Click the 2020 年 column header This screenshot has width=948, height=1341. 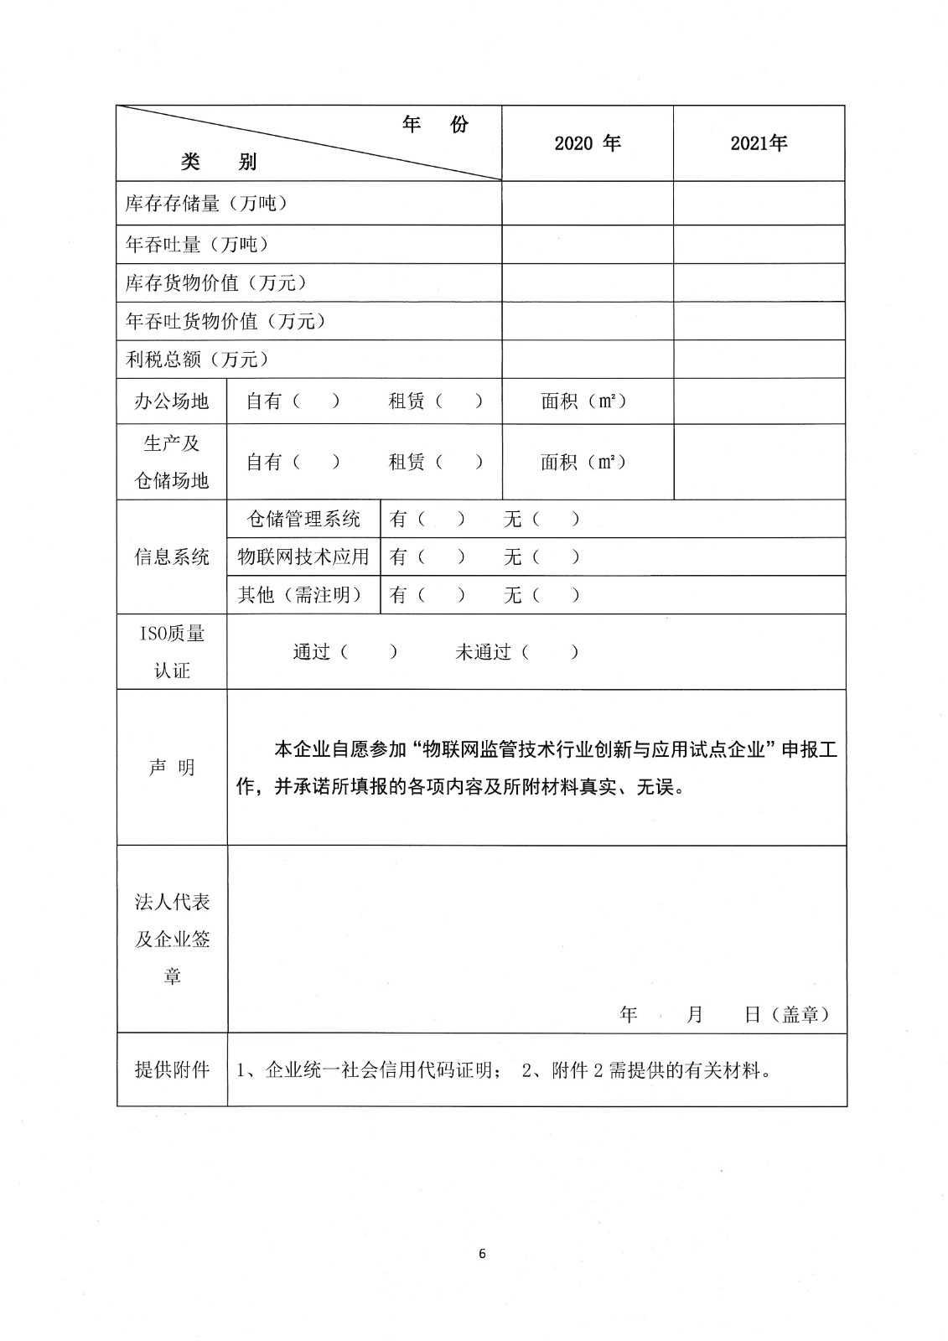(587, 143)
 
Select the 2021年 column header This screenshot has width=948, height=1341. (759, 143)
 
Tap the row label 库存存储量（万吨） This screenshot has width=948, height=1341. (206, 204)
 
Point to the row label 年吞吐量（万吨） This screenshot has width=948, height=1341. (197, 244)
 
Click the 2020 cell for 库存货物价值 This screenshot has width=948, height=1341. (587, 283)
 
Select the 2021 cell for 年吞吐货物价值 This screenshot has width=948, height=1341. (759, 321)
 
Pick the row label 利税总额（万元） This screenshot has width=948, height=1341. (197, 360)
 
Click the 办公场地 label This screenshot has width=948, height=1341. (172, 401)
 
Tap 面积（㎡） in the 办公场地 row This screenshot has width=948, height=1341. (584, 401)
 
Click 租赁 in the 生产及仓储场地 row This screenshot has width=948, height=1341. (407, 462)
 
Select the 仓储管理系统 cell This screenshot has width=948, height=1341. (303, 519)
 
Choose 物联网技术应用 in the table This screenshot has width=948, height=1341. (303, 557)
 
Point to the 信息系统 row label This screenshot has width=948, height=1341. (172, 557)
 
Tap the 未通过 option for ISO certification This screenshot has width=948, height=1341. (483, 652)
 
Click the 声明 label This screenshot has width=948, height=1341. (172, 768)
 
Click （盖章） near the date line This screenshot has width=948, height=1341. (804, 1015)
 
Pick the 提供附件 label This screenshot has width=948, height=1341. (172, 1070)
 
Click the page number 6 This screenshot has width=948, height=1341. (481, 1254)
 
